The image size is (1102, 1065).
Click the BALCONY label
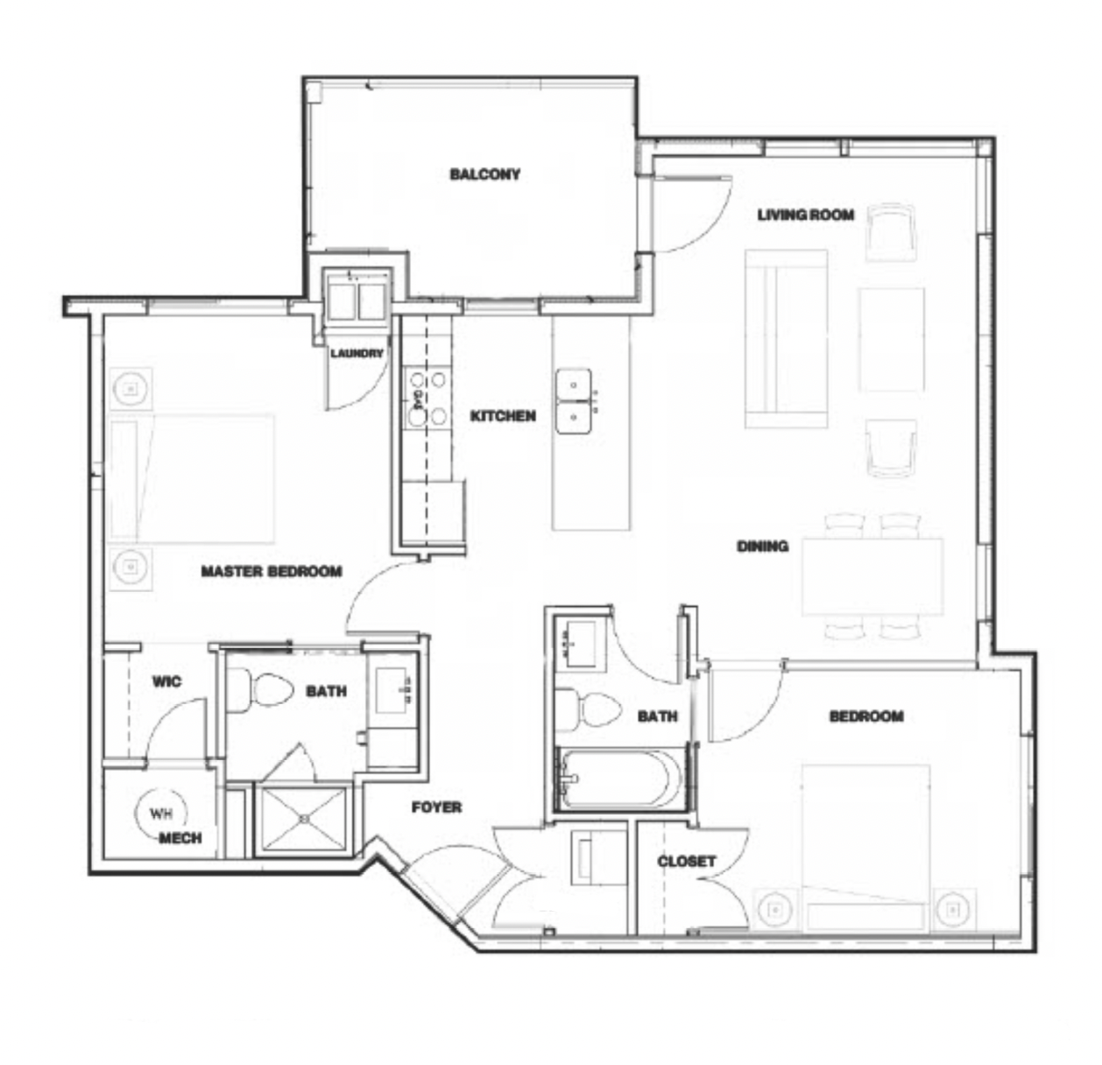pyautogui.click(x=484, y=174)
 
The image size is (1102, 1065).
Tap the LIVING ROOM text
pyautogui.click(x=806, y=215)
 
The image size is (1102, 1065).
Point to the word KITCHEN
pyautogui.click(x=503, y=416)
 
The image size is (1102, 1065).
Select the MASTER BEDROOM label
pyautogui.click(x=272, y=571)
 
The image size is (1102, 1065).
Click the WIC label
pyautogui.click(x=167, y=681)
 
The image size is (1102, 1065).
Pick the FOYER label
pyautogui.click(x=436, y=807)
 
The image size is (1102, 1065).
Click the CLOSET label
pyautogui.click(x=687, y=861)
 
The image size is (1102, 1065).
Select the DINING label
pyautogui.click(x=763, y=547)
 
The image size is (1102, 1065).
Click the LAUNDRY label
pyautogui.click(x=357, y=353)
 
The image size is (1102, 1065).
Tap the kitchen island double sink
pyautogui.click(x=574, y=401)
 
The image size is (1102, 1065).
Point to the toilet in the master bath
pyautogui.click(x=260, y=690)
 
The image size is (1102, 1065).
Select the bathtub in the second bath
pyautogui.click(x=620, y=779)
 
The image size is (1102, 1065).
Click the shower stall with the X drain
pyautogui.click(x=305, y=818)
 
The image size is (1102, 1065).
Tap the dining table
pyautogui.click(x=872, y=576)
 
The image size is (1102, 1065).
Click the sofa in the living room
pyautogui.click(x=786, y=339)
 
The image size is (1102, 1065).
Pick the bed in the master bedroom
pyautogui.click(x=191, y=478)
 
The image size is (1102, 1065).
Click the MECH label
pyautogui.click(x=180, y=838)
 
